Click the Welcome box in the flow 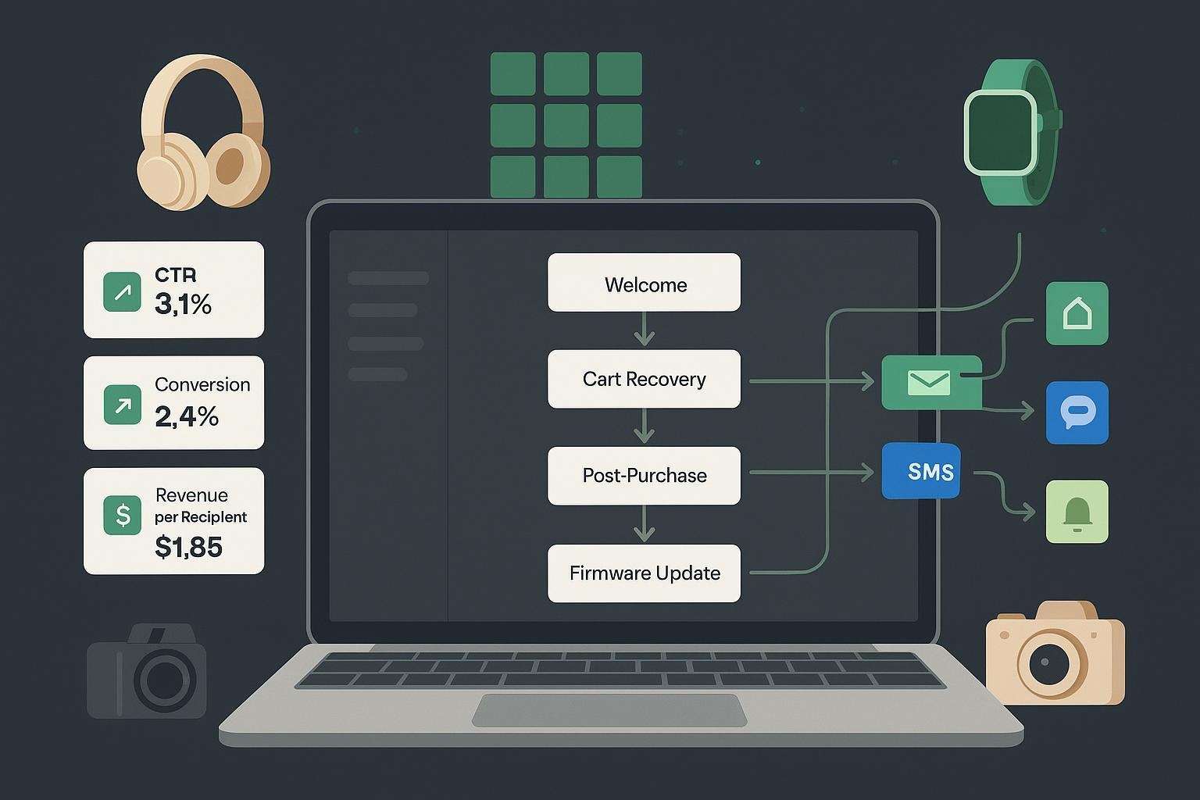[x=644, y=283]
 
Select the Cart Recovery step [x=644, y=379]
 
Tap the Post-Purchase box [x=644, y=475]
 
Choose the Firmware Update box [x=644, y=573]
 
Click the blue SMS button [x=921, y=471]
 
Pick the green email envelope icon [x=929, y=382]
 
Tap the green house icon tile [x=1077, y=313]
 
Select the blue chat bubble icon [x=1077, y=412]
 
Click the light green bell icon [x=1077, y=512]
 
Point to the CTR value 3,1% [x=183, y=304]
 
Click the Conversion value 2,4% [x=187, y=416]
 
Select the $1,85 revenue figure [x=188, y=547]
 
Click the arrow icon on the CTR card [x=123, y=291]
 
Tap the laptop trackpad [x=609, y=710]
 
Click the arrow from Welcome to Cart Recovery [x=644, y=330]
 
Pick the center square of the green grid [x=566, y=125]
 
